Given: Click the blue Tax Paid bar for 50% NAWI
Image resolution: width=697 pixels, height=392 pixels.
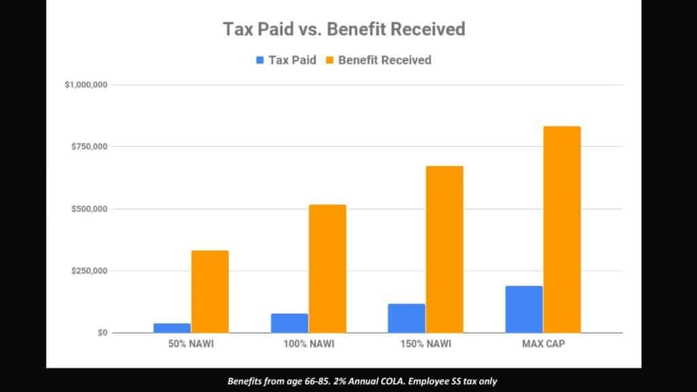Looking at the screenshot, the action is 172,328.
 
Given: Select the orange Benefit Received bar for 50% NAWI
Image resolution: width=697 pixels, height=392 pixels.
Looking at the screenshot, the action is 210,291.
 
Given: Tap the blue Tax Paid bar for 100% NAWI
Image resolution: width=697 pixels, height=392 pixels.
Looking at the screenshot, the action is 289,323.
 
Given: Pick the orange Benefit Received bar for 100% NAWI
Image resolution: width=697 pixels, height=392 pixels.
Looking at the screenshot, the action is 327,269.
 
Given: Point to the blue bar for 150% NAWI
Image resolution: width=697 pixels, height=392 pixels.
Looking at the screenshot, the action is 406,318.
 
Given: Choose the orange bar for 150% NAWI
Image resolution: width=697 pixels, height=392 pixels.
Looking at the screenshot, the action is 444,249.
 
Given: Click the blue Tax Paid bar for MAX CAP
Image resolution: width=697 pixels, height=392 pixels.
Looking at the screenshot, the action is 524,310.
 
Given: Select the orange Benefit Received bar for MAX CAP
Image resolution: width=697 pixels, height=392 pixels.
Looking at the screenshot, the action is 562,230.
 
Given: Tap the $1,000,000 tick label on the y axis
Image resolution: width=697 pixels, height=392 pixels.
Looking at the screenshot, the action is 86,84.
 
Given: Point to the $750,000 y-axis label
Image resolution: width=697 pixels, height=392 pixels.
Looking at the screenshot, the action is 89,147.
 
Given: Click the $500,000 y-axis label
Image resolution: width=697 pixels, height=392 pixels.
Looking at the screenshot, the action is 89,209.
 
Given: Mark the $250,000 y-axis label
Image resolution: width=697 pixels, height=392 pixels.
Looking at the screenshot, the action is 89,271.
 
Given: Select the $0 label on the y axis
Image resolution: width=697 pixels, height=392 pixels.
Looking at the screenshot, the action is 103,332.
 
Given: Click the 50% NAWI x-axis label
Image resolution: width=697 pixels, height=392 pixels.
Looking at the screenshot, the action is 191,344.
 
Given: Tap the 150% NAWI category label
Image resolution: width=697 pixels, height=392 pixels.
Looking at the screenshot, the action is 426,344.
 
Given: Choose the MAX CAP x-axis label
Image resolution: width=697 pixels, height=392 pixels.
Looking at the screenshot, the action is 544,344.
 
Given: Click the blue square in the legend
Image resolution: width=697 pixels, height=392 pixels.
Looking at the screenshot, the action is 260,60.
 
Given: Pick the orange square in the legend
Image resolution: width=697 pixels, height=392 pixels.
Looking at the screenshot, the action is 330,60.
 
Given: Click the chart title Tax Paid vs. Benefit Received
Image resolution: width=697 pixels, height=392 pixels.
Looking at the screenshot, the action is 344,29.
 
